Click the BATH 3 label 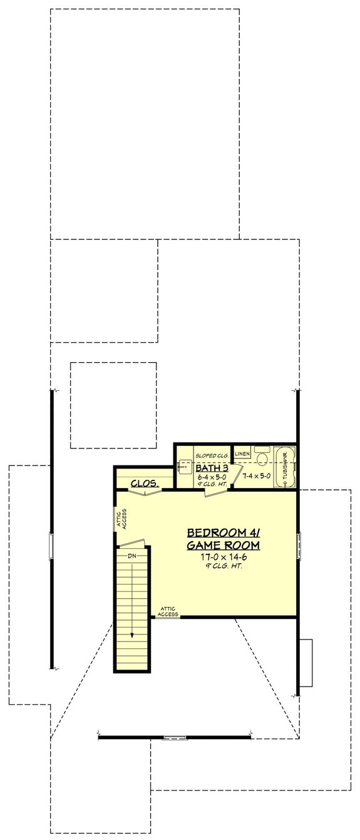click(211, 468)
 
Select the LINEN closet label click(243, 452)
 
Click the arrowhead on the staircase click(132, 633)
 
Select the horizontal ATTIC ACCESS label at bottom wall click(168, 611)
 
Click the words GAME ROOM click(223, 546)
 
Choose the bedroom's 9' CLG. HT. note click(223, 566)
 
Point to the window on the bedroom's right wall click(299, 545)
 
